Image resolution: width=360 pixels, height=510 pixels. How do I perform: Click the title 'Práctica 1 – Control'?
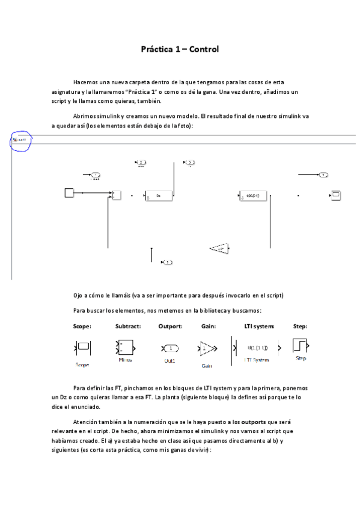[180, 49]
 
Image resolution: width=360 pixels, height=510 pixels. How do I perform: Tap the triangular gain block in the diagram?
[220, 247]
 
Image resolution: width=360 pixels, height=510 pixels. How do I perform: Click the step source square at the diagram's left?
[69, 192]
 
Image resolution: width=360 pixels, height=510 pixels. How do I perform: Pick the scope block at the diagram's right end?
[335, 194]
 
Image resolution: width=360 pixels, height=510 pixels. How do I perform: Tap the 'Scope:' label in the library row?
[82, 326]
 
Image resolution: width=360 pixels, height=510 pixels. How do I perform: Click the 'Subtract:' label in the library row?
[127, 326]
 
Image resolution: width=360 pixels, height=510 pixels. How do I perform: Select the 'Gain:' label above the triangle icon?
[208, 326]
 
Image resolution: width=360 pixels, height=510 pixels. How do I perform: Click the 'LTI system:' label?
[259, 326]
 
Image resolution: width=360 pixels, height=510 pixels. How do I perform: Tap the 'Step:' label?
[300, 326]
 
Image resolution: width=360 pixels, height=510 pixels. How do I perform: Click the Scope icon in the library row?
[83, 348]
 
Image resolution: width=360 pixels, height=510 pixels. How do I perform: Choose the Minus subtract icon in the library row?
[124, 348]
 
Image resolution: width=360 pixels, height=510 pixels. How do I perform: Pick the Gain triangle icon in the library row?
[207, 348]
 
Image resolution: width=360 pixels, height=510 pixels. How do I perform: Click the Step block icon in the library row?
[299, 345]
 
